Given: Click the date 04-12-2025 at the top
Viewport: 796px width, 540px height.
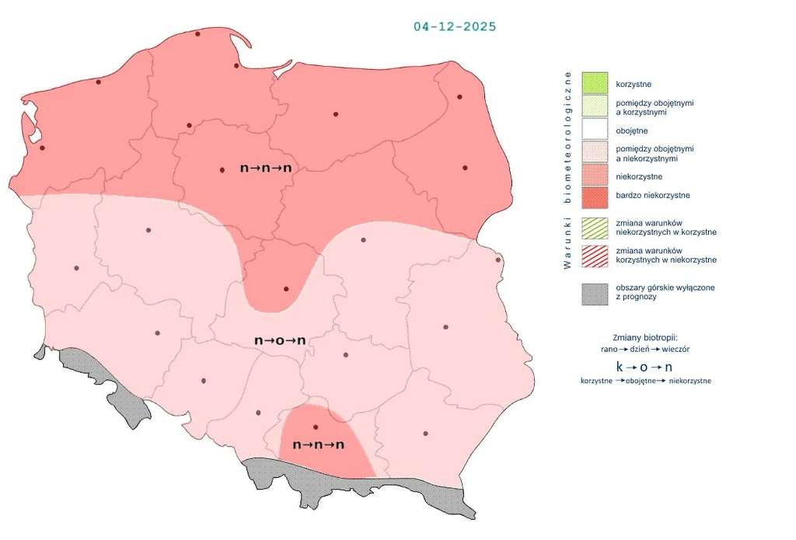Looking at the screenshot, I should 455,26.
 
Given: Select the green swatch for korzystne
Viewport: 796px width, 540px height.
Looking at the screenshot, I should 594,83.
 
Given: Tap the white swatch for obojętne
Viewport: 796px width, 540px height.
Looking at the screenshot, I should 594,131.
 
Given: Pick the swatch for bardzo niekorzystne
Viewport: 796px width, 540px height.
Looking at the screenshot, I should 594,196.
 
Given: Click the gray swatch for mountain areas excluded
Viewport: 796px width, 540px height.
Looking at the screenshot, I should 594,293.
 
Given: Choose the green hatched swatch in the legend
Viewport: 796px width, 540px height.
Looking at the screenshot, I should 594,228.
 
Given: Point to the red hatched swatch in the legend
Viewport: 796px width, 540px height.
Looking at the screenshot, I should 594,256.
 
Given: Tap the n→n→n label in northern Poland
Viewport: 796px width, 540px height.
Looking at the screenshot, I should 266,168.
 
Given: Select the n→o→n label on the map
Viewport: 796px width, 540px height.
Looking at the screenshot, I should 280,340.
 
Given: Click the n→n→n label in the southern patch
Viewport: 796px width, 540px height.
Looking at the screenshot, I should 318,445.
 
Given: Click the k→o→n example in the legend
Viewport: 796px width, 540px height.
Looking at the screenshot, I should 644,367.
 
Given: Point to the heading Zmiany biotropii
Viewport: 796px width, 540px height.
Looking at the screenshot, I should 644,337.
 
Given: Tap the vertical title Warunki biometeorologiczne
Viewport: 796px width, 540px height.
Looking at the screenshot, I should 567,171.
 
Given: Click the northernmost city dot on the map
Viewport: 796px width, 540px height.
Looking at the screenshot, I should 197,34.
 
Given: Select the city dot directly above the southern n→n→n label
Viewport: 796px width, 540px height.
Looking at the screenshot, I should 316,427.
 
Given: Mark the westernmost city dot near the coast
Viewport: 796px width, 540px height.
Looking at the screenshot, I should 42,148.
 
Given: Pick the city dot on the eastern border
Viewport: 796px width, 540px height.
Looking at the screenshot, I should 498,260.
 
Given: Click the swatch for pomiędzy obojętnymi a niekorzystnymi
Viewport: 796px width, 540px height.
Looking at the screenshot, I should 594,153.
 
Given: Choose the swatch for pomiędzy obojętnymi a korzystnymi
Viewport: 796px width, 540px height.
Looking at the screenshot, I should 594,107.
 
